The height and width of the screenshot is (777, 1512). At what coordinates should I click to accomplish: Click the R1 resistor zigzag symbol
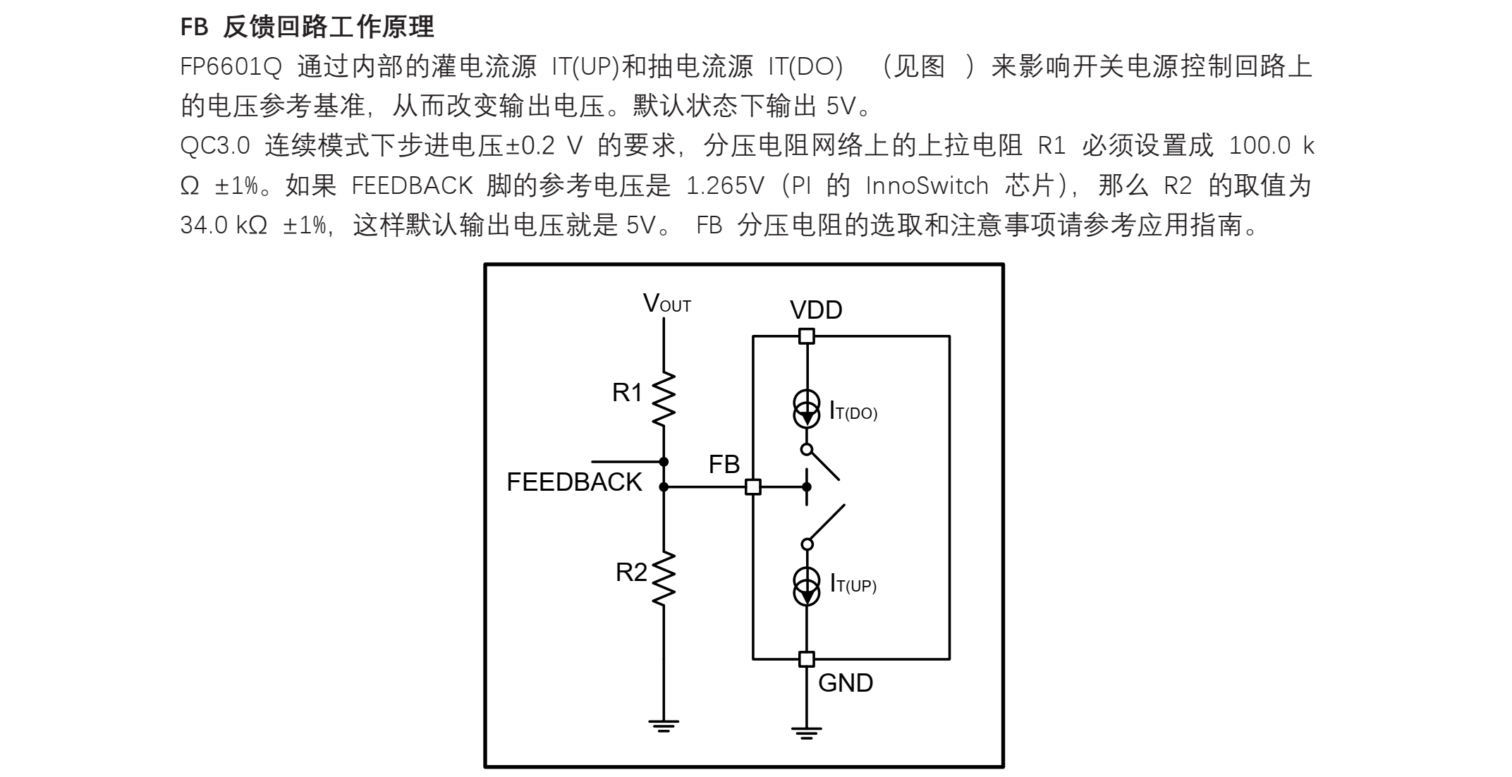tap(664, 399)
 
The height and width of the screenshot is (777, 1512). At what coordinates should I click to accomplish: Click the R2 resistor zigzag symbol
tap(664, 579)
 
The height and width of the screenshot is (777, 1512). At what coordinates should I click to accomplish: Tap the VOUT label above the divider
tap(666, 304)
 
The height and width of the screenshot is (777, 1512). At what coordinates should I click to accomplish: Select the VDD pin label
tap(816, 310)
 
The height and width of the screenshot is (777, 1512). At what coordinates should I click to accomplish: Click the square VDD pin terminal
tap(807, 336)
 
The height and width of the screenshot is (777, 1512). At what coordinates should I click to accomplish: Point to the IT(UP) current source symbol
tap(807, 587)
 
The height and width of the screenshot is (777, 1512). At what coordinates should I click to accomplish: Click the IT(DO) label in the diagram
tap(853, 412)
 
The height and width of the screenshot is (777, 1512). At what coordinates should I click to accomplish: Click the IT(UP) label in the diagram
tap(853, 585)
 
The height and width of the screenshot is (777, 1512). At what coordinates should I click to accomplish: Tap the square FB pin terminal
tap(753, 487)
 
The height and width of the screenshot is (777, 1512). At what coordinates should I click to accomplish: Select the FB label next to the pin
tap(724, 465)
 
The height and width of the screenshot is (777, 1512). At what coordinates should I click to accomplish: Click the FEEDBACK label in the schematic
tap(574, 482)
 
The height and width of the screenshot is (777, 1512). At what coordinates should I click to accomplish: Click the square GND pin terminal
tap(807, 659)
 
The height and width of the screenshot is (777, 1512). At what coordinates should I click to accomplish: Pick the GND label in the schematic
tap(846, 683)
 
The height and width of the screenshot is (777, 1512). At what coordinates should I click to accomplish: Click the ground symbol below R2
tap(664, 726)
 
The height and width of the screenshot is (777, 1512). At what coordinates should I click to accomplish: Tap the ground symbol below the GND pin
tap(807, 733)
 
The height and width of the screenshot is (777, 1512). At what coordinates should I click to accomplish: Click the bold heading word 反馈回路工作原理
tap(329, 27)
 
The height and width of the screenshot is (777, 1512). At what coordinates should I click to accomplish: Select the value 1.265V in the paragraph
tap(725, 186)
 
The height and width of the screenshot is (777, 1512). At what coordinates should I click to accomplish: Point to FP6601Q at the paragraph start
tap(231, 68)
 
